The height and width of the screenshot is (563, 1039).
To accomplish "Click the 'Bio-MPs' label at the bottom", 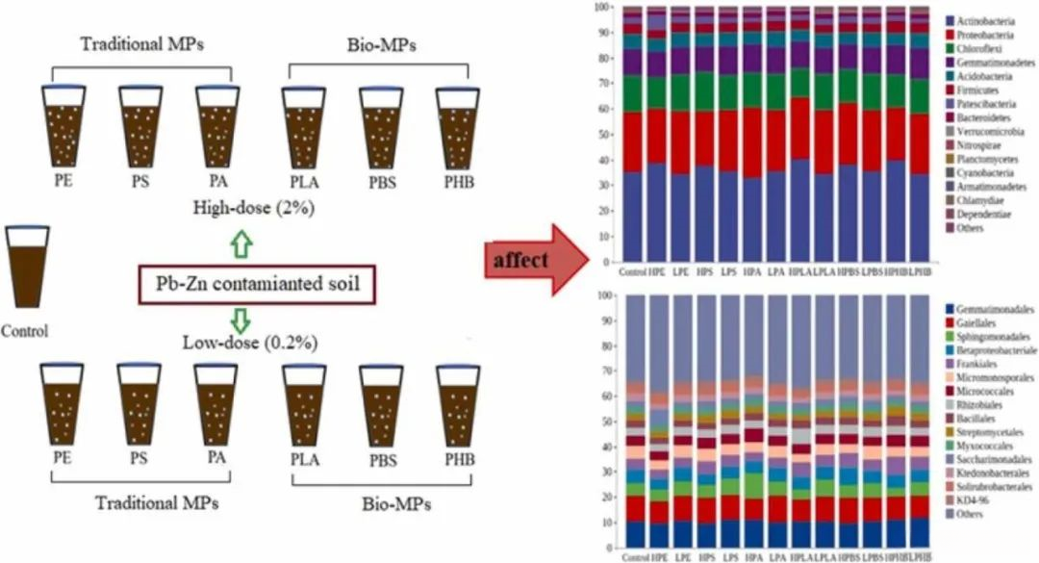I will coord(395,503).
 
